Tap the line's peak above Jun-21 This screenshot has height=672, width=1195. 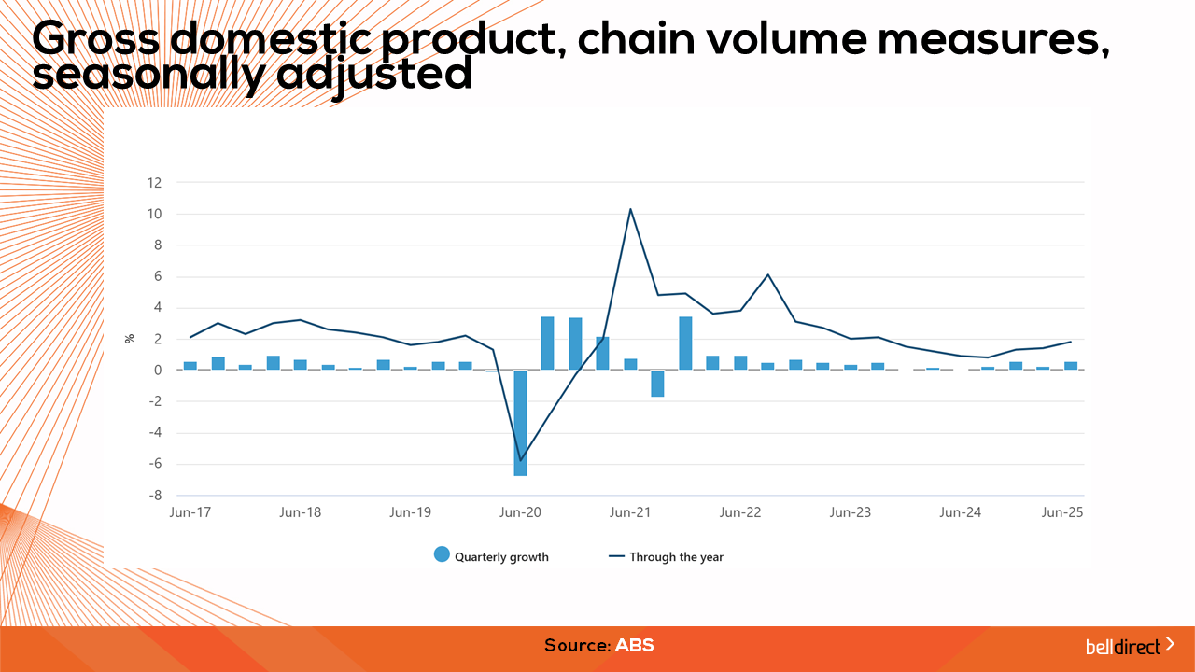pyautogui.click(x=630, y=209)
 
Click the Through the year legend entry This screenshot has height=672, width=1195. pyautogui.click(x=666, y=556)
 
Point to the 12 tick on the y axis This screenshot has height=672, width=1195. pyautogui.click(x=155, y=183)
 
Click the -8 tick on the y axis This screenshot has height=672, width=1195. pyautogui.click(x=155, y=496)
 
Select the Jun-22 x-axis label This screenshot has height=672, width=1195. pyautogui.click(x=740, y=512)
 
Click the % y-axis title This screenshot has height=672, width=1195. pyautogui.click(x=130, y=338)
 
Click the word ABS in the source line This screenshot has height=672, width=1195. pyautogui.click(x=634, y=645)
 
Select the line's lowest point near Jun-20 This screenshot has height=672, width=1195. pyautogui.click(x=520, y=460)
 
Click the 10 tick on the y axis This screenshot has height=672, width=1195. pyautogui.click(x=155, y=214)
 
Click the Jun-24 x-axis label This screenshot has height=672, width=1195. pyautogui.click(x=960, y=512)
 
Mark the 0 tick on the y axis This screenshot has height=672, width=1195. pyautogui.click(x=159, y=371)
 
